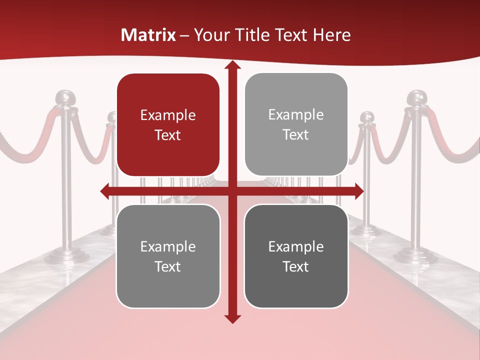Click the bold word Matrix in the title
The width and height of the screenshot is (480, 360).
[x=148, y=35]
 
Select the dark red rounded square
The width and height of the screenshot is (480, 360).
[x=168, y=124]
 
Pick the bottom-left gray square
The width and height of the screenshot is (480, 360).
[x=168, y=256]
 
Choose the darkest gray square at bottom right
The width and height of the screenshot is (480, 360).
[x=296, y=256]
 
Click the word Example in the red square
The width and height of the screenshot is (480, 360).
[x=168, y=115]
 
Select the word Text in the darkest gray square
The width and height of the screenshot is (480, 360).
[x=296, y=266]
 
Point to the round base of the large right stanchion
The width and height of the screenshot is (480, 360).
[x=415, y=256]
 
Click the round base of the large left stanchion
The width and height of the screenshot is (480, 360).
[x=67, y=256]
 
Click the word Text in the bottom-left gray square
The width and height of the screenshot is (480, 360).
[x=168, y=266]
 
